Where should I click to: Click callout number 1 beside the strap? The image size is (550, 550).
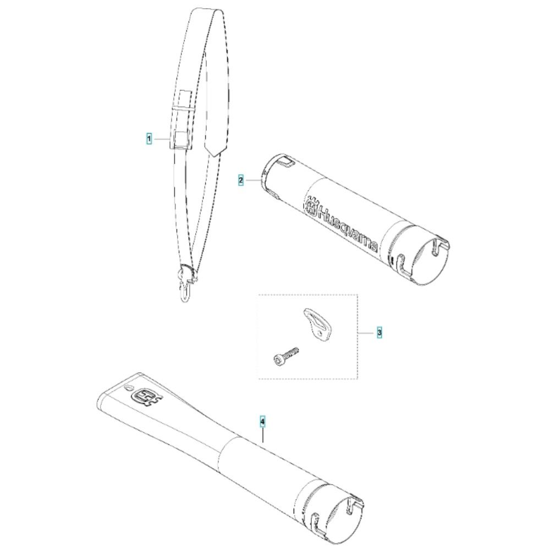[149, 139]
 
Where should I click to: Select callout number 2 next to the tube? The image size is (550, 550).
[241, 180]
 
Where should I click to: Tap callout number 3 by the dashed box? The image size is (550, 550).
[379, 332]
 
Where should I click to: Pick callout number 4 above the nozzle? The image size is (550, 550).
[263, 421]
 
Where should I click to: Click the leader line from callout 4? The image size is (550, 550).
[263, 435]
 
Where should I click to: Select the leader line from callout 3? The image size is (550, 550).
[366, 332]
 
